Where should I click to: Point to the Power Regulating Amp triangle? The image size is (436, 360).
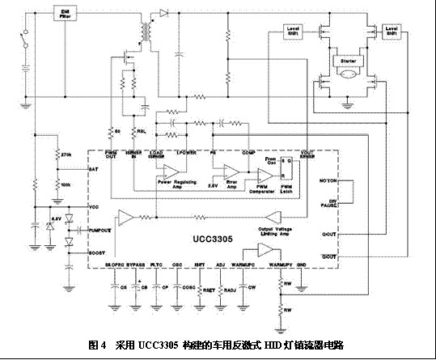click(x=170, y=172)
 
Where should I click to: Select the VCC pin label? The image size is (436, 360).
click(x=91, y=206)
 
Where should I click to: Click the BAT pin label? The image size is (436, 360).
click(x=91, y=167)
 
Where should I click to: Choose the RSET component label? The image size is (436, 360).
click(x=208, y=289)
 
